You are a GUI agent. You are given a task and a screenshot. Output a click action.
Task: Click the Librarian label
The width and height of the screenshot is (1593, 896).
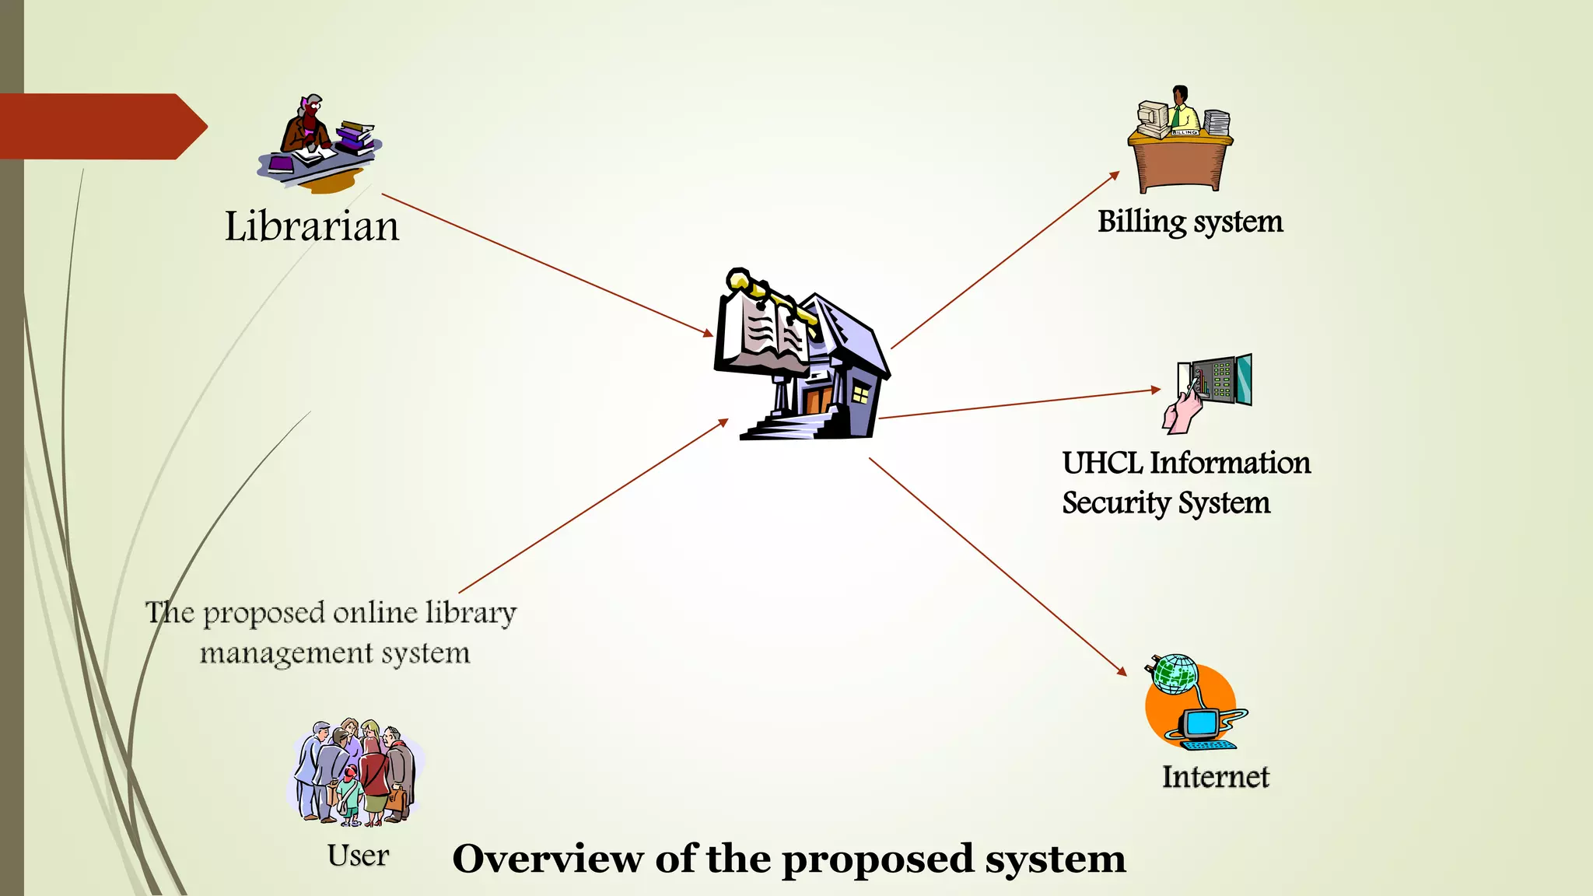(x=312, y=226)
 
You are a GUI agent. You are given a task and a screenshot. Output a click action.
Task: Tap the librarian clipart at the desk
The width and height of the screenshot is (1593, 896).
(x=319, y=144)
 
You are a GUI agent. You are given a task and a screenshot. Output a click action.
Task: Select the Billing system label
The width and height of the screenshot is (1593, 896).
(x=1190, y=222)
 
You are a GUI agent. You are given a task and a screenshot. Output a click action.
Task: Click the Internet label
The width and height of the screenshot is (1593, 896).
(x=1215, y=777)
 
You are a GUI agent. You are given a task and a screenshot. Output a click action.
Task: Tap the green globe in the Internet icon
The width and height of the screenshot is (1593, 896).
(x=1175, y=674)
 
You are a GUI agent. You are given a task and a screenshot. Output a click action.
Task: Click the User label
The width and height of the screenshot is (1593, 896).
(x=358, y=856)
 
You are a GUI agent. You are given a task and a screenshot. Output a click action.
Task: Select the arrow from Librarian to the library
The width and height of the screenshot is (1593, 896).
(x=544, y=264)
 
